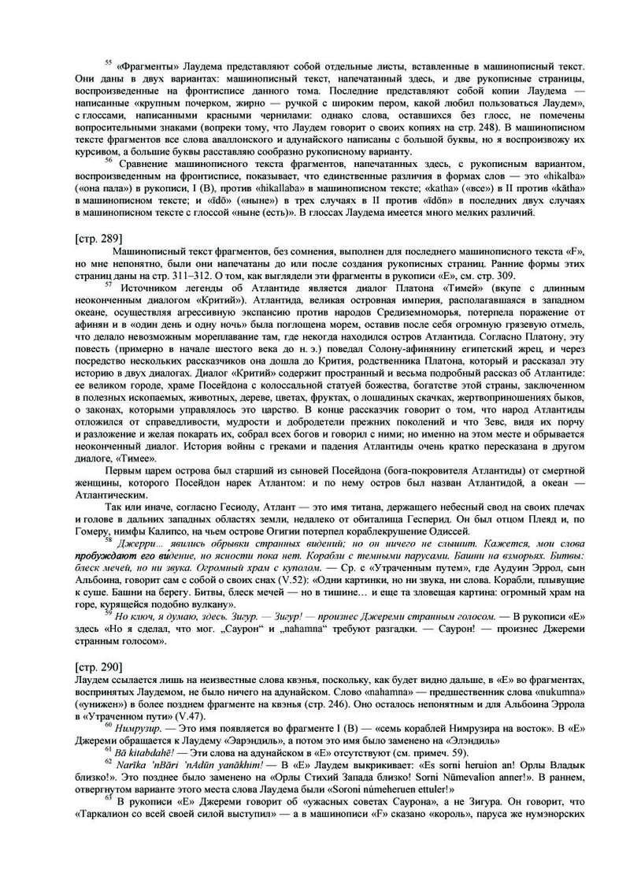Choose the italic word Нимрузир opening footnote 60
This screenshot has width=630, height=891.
(143, 734)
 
